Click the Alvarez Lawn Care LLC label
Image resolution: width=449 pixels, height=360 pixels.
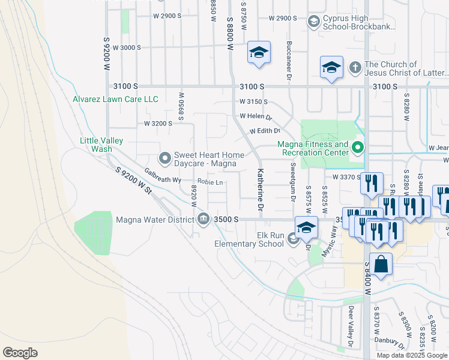(x=115, y=99)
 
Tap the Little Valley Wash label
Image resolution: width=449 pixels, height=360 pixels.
(x=101, y=145)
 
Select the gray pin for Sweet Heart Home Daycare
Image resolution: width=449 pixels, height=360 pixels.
(x=164, y=158)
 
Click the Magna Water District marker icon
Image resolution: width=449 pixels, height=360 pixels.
(x=203, y=218)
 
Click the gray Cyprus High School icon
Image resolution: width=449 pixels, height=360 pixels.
(x=313, y=22)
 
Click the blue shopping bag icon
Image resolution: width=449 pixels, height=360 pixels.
(x=381, y=263)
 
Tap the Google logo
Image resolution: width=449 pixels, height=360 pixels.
(x=20, y=353)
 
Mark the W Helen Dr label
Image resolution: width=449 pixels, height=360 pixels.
(x=255, y=116)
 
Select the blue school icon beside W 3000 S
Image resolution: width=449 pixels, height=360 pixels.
(x=259, y=53)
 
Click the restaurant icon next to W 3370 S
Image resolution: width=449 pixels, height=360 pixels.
(x=372, y=182)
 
